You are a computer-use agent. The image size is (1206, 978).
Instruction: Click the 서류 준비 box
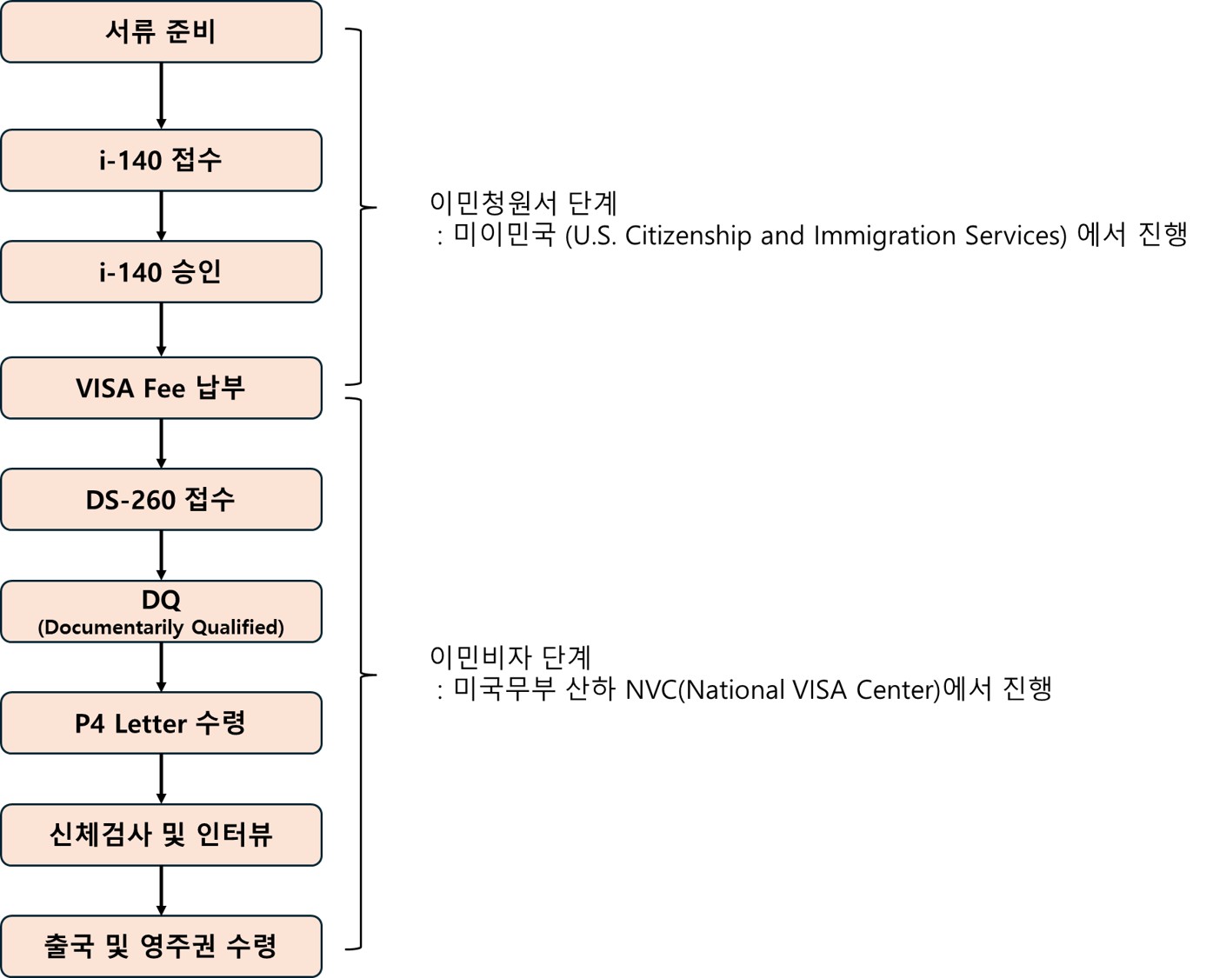click(x=161, y=32)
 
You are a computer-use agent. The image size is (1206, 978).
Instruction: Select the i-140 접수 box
click(x=161, y=160)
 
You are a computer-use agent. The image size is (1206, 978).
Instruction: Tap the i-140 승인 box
click(x=161, y=272)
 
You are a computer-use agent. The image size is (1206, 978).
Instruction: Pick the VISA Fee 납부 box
click(x=161, y=388)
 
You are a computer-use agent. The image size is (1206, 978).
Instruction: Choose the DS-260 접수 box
click(x=161, y=500)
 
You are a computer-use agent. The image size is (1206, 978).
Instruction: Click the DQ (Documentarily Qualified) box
click(x=161, y=612)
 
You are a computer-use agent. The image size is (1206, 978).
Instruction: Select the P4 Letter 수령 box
click(x=161, y=723)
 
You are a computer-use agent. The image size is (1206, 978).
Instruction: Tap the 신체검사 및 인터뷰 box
click(x=161, y=835)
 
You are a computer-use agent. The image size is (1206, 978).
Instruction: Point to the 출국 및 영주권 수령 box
click(x=161, y=946)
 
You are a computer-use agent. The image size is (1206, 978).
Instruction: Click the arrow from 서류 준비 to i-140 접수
click(x=161, y=96)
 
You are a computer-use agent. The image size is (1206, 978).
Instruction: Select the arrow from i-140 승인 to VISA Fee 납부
click(x=161, y=329)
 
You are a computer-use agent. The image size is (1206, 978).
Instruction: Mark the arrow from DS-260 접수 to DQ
click(x=161, y=556)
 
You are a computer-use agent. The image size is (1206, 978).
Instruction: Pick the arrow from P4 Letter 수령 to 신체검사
click(x=161, y=779)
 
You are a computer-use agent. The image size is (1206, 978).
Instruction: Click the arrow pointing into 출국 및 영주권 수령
click(x=161, y=890)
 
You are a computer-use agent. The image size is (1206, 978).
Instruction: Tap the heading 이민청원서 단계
click(x=523, y=203)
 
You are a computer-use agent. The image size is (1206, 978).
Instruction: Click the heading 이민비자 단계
click(x=510, y=657)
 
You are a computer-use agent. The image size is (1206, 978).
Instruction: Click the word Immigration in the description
click(x=886, y=236)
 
